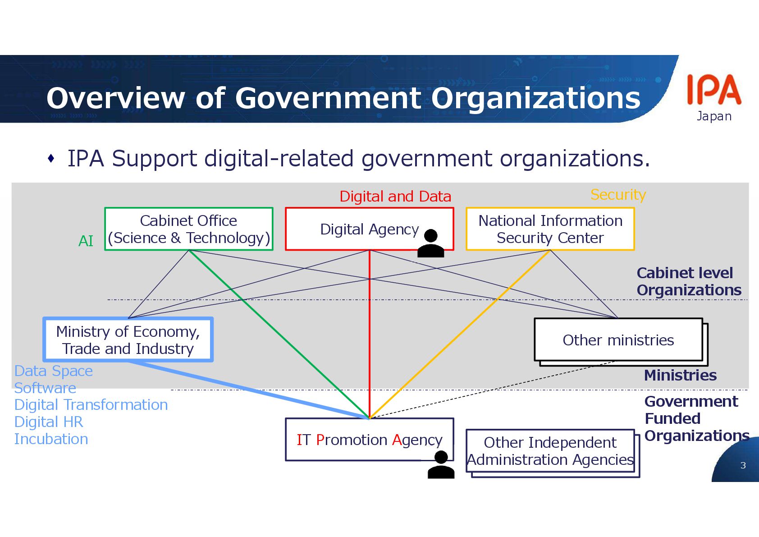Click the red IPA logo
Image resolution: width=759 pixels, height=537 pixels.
(713, 90)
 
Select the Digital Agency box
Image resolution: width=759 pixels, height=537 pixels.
(369, 229)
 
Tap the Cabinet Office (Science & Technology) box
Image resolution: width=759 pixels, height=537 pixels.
(188, 229)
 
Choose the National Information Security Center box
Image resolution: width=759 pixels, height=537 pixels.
(550, 229)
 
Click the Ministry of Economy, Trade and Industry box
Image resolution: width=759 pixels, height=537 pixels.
(128, 340)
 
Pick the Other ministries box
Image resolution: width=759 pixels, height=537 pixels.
(618, 340)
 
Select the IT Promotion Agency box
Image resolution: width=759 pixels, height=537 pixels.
(369, 440)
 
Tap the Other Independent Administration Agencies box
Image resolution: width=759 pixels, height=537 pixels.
(550, 451)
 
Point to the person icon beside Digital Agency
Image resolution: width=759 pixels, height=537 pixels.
(431, 243)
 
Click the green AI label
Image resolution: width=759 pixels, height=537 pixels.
(86, 241)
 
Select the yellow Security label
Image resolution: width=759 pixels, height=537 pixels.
(618, 195)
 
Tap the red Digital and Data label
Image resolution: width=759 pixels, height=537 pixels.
(395, 197)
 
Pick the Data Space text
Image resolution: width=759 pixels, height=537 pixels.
(54, 371)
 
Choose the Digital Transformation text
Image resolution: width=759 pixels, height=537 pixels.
(91, 405)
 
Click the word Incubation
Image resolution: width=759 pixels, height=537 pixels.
(51, 439)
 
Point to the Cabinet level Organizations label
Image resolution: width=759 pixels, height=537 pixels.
(688, 281)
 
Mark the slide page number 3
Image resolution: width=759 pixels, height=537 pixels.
(743, 465)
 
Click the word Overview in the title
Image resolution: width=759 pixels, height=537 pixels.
(115, 98)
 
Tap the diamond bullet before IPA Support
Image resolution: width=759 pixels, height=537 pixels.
(51, 158)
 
